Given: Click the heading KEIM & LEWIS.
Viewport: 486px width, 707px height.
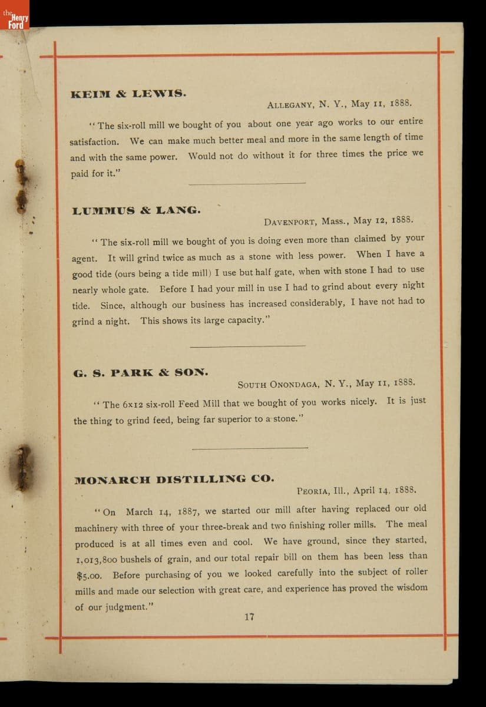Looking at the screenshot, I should coord(128,94).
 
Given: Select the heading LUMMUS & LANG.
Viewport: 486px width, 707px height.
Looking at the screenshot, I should coord(136,210).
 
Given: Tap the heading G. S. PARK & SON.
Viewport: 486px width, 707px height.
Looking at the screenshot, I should coord(141,372).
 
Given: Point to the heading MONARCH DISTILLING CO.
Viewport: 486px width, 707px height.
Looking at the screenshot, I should coord(174,479).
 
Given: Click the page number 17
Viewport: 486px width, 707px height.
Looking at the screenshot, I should coord(249,617).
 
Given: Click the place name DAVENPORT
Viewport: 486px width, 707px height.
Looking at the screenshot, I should coord(290,222).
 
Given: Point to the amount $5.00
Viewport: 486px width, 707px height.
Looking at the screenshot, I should coord(91,575).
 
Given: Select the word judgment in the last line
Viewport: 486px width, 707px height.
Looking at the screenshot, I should coord(124,607).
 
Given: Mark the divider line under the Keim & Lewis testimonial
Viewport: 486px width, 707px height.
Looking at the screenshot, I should coord(247,183).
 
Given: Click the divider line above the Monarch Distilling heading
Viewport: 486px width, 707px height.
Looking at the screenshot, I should coord(250,448).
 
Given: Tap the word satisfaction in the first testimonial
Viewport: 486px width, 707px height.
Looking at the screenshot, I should coord(94,142).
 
